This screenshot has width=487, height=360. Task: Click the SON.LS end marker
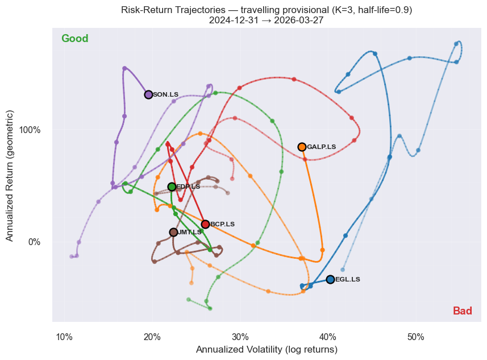[x=148, y=94]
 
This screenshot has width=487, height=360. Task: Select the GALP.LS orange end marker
[x=302, y=147]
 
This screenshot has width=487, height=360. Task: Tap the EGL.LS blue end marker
[x=330, y=279]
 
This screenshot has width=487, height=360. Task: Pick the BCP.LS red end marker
[x=205, y=224]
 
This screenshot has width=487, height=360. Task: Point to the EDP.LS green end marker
[x=172, y=187]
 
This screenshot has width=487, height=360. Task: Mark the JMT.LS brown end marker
[x=173, y=232]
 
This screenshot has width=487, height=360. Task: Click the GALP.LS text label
[x=321, y=147]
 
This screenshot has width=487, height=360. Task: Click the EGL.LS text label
[x=347, y=279]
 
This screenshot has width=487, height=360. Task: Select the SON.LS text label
[x=165, y=94]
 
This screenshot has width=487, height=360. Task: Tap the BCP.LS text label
[x=222, y=224]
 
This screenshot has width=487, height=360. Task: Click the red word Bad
[x=462, y=311]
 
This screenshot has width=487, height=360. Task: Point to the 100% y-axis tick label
[x=31, y=130]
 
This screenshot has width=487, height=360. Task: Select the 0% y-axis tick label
[x=35, y=242]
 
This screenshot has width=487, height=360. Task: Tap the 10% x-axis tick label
[x=64, y=337]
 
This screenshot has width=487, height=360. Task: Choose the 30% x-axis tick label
[x=240, y=337]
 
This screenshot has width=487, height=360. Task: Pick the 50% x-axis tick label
[x=416, y=337]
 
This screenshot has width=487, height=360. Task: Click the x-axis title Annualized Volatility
[x=267, y=350]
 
